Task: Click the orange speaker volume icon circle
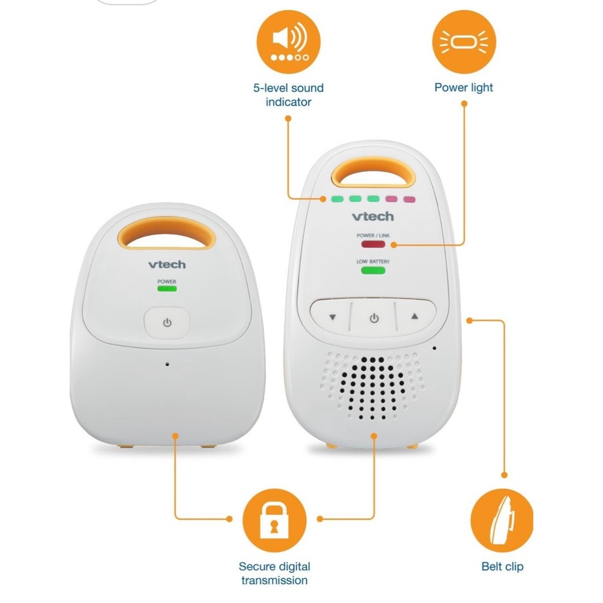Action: coord(288,42)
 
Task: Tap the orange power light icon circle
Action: coord(464,42)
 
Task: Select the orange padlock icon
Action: coord(274,520)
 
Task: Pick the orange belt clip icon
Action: coord(502,520)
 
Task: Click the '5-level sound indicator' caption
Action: coord(288,95)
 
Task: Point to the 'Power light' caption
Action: coord(463,87)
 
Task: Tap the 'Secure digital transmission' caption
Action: coord(274,573)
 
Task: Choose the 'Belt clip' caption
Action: coord(502,566)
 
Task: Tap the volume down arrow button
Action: coord(332,317)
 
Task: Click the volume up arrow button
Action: coord(415,317)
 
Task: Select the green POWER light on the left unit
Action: coord(167,288)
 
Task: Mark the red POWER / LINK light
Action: coord(373,244)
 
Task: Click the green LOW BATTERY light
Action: coord(373,270)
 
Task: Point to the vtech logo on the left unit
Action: coord(167,264)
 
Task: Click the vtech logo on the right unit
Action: coord(373,216)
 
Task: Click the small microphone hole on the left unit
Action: coord(167,364)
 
